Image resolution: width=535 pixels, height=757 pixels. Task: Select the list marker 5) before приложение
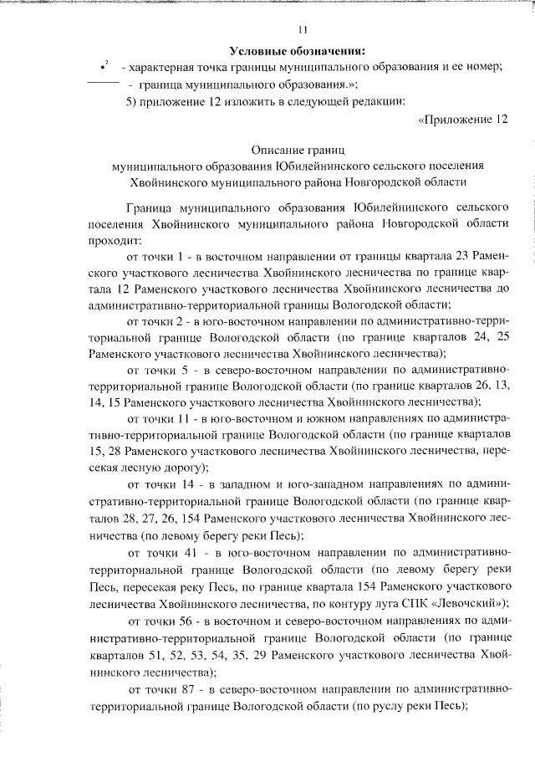[x=132, y=102]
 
